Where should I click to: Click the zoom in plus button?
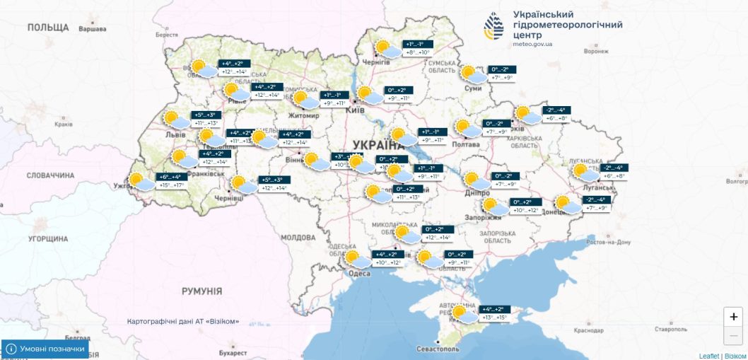[733, 317]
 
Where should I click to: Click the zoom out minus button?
[733, 335]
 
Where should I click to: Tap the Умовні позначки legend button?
[46, 349]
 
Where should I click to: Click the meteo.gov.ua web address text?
[532, 44]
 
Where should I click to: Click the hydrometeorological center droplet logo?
[495, 27]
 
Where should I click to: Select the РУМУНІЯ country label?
[201, 291]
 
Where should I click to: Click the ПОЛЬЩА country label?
[47, 28]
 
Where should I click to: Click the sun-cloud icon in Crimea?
[463, 314]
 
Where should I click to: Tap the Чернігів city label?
[376, 62]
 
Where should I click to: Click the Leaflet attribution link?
[708, 356]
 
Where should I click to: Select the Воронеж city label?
[596, 51]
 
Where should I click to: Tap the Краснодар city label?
[589, 330]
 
